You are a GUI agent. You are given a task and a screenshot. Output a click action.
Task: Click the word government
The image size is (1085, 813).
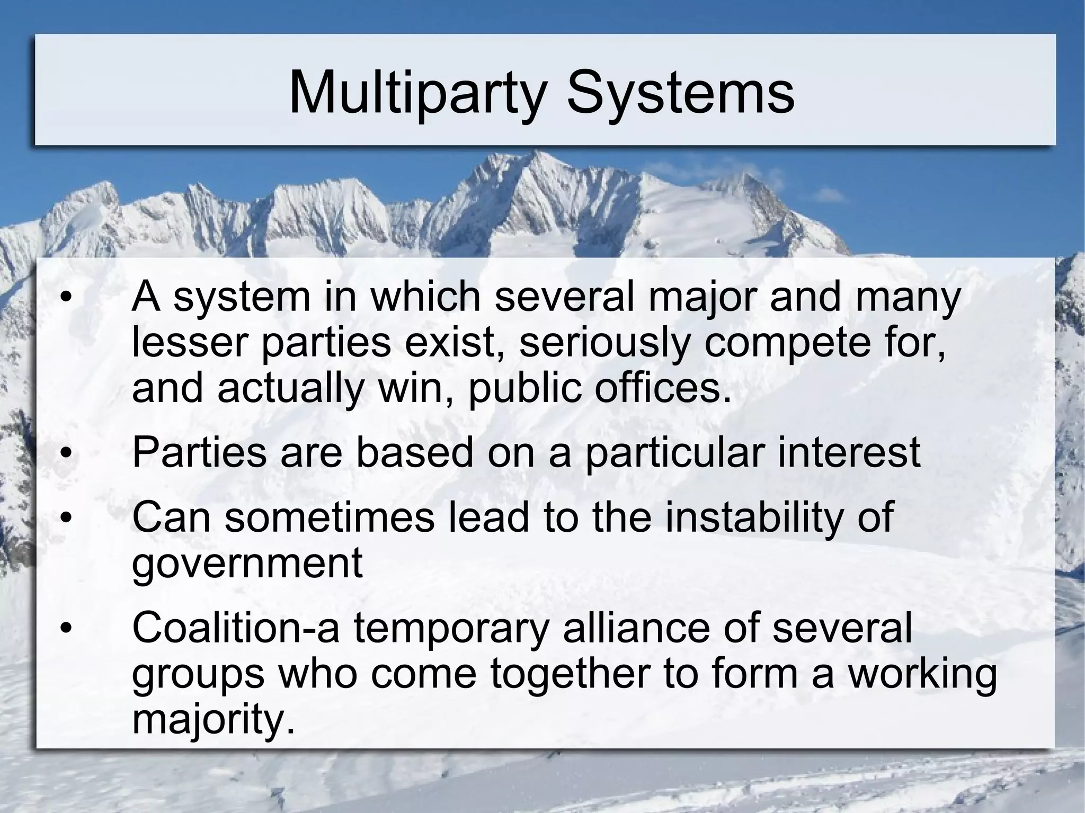point(247,564)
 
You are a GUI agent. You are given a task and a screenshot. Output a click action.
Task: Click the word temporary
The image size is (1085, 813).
point(450,628)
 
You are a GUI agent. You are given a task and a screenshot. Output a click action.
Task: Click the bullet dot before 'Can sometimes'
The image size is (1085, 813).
point(65,517)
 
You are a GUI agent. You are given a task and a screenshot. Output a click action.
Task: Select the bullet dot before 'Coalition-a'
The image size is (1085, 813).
point(65,628)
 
